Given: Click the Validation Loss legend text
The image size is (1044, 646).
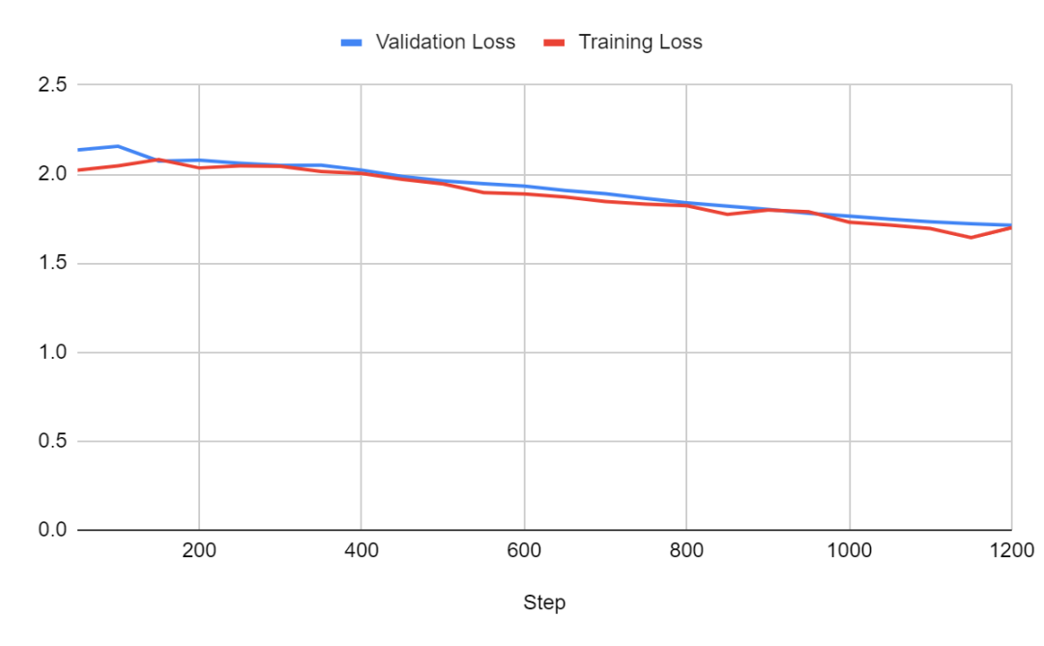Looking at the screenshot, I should pos(445,43).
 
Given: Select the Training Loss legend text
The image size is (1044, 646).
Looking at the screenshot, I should pos(640,43).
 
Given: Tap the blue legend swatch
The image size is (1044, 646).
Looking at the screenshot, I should pos(353,43).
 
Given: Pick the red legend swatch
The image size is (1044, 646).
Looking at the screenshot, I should pos(556,43).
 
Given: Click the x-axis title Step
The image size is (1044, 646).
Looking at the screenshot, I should pos(544,602).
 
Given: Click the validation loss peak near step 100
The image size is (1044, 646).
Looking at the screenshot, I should pos(117,146).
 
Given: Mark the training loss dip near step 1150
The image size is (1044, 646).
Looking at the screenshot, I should pos(971,237).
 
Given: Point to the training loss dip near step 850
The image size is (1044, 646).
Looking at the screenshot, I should pos(727,214).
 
